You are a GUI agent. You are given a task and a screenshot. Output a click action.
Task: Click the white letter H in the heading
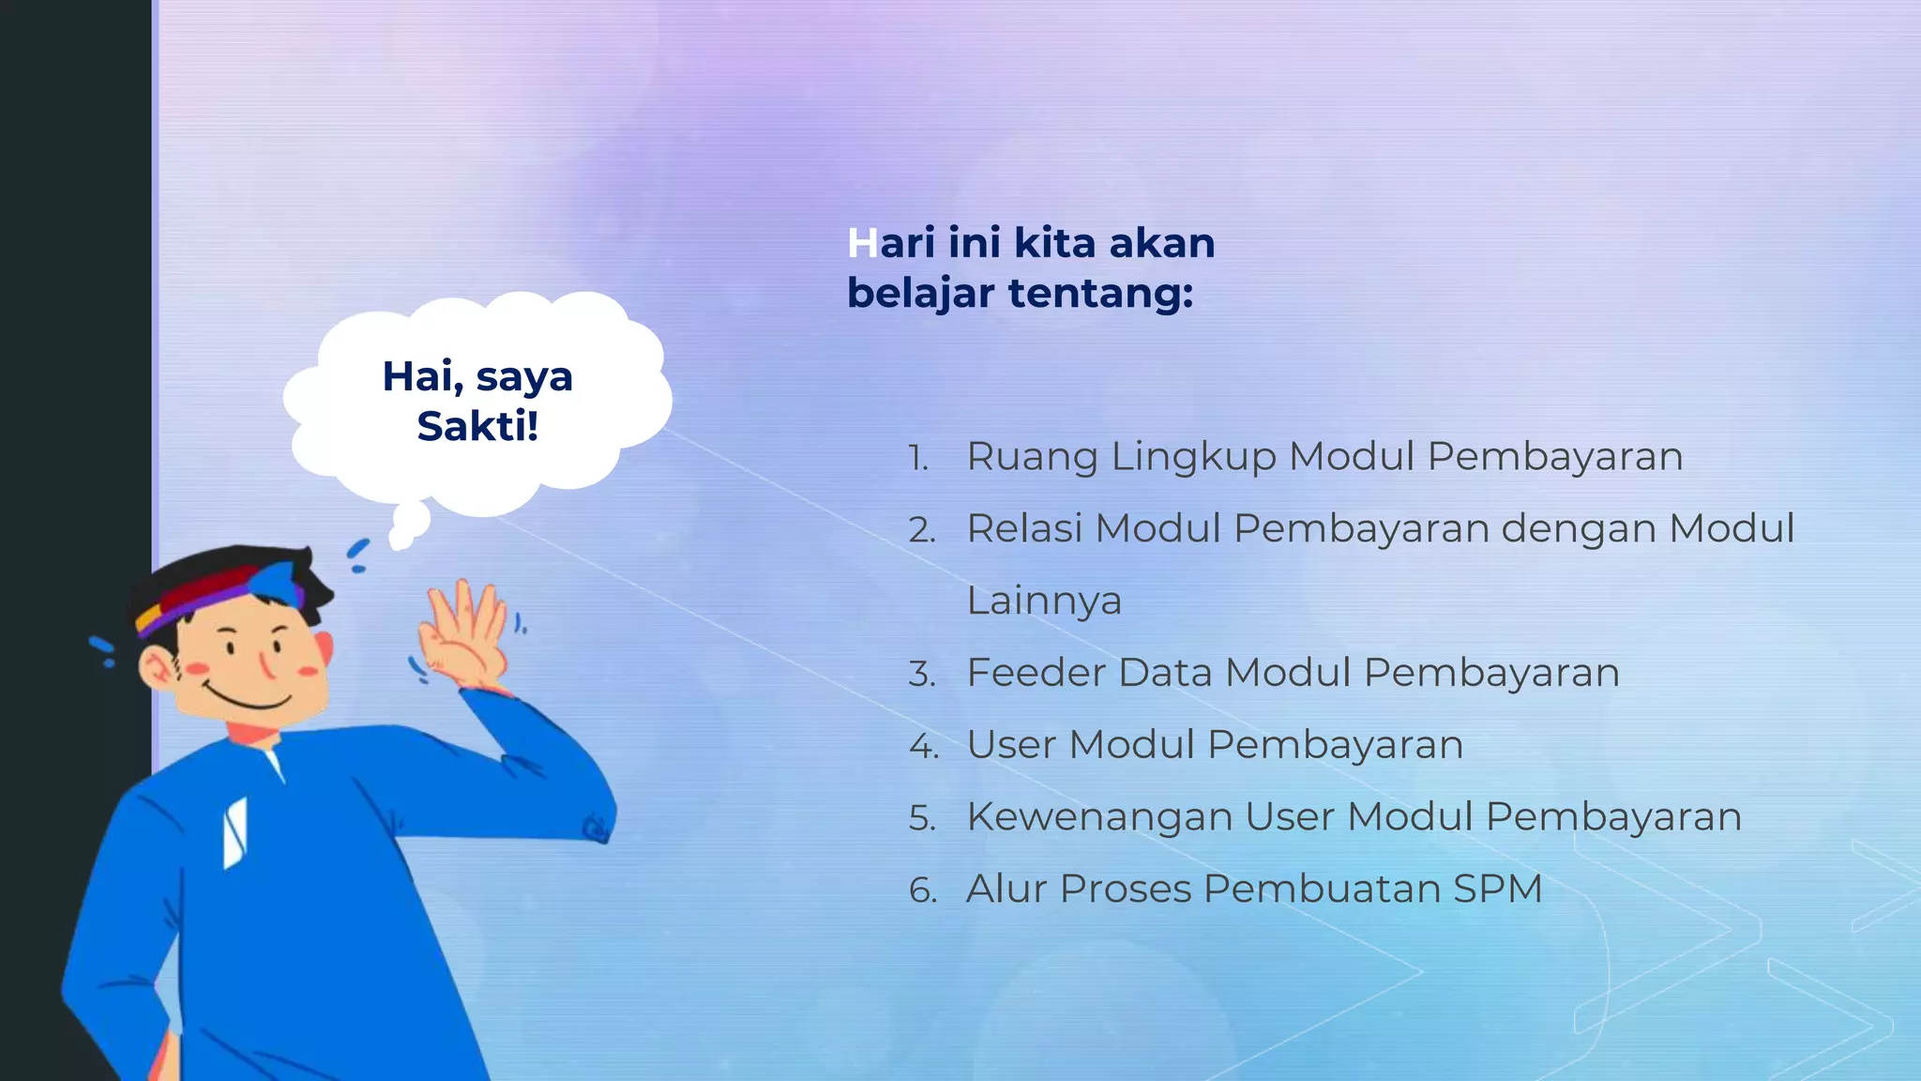pos(862,243)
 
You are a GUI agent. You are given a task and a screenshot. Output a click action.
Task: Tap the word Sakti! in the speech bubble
pos(477,427)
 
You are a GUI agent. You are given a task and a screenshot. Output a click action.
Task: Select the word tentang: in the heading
pos(1100,294)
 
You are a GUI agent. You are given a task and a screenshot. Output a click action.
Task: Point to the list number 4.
pos(923,747)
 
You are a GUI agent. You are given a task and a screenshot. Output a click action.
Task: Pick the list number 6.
pos(923,891)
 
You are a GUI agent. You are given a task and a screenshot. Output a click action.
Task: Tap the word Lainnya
pos(1044,601)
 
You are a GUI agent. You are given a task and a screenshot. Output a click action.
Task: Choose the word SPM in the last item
pos(1497,889)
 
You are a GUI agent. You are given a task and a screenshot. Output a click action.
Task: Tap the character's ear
pos(158,668)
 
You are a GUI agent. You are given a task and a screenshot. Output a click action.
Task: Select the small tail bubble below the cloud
pos(409,525)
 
